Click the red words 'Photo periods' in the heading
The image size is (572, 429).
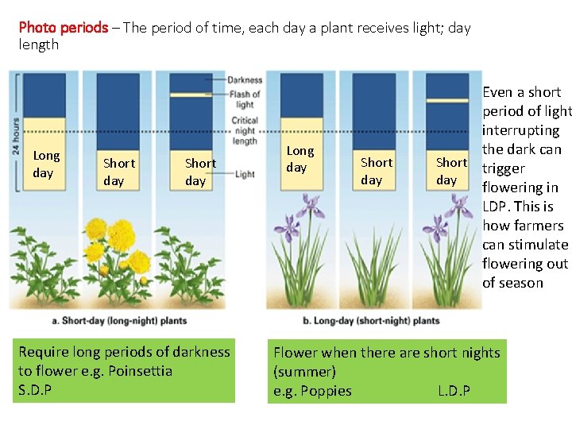(x=63, y=28)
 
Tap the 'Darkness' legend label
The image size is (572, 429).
(x=245, y=80)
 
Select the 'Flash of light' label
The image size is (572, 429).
(x=245, y=99)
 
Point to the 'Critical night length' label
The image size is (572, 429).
(x=245, y=131)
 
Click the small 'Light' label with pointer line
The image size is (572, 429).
(x=245, y=174)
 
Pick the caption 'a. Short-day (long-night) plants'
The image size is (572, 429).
(x=119, y=321)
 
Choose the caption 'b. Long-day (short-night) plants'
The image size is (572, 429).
(x=371, y=321)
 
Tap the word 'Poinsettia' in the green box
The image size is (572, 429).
(x=140, y=371)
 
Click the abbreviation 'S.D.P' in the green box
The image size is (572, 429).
(x=35, y=390)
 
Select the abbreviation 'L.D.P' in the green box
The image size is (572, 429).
(x=454, y=391)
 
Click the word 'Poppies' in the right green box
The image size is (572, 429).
(x=325, y=391)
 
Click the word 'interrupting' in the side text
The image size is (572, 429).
(x=520, y=130)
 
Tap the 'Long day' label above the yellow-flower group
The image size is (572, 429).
(x=46, y=164)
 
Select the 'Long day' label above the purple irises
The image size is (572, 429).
(x=300, y=159)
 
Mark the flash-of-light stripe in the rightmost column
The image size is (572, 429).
(x=446, y=100)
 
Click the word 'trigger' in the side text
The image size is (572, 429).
(x=503, y=168)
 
